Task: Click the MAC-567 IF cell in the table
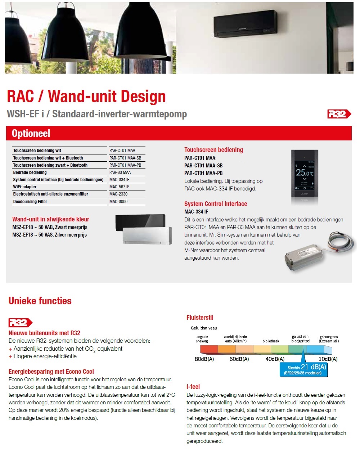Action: pyautogui.click(x=120, y=187)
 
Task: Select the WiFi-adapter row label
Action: pyautogui.click(x=25, y=187)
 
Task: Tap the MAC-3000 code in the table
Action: pyautogui.click(x=118, y=202)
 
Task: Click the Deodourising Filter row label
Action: pyautogui.click(x=30, y=202)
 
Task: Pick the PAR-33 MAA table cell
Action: pyautogui.click(x=120, y=172)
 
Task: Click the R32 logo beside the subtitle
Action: pyautogui.click(x=339, y=114)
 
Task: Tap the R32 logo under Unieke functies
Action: pyautogui.click(x=20, y=323)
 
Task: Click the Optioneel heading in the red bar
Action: pyautogui.click(x=31, y=134)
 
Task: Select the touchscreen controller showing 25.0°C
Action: pyautogui.click(x=304, y=173)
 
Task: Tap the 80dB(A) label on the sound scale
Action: pyautogui.click(x=204, y=359)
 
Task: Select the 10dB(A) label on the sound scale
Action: pyautogui.click(x=328, y=359)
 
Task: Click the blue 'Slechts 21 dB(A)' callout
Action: pyautogui.click(x=304, y=369)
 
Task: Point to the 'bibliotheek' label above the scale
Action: pyautogui.click(x=271, y=341)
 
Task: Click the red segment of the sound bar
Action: pyautogui.click(x=209, y=349)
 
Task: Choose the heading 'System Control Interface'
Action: pyautogui.click(x=216, y=204)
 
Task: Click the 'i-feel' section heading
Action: pyautogui.click(x=193, y=387)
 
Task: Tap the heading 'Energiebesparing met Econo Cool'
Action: pyautogui.click(x=51, y=372)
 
